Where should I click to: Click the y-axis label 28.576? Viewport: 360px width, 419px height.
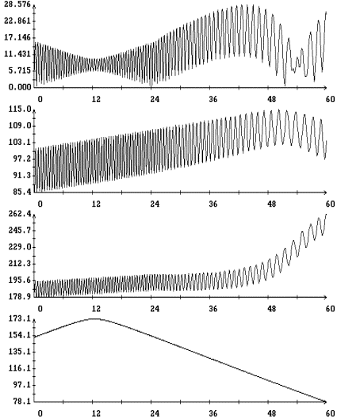[17, 5]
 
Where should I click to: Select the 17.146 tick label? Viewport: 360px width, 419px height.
[17, 37]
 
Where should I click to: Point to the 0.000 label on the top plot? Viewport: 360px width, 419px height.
[20, 87]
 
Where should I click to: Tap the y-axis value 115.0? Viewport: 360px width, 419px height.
[20, 109]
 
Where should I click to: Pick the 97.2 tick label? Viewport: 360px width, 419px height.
[22, 158]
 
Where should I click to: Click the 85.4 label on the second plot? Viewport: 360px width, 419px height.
[22, 192]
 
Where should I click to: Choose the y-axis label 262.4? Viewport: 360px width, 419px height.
[20, 214]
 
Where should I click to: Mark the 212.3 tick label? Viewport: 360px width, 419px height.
[20, 264]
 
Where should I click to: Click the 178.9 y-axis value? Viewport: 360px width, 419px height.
[20, 296]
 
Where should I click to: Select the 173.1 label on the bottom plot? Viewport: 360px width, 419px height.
[20, 318]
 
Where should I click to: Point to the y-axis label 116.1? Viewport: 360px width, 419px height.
[20, 368]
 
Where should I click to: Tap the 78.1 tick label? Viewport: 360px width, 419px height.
[22, 402]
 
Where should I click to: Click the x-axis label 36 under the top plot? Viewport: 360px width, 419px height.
[213, 100]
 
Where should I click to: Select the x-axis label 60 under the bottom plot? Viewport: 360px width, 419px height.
[330, 413]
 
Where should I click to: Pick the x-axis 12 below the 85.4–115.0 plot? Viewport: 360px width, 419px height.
[96, 204]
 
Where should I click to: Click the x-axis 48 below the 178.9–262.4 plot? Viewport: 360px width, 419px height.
[271, 309]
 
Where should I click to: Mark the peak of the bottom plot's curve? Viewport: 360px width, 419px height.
[94, 318]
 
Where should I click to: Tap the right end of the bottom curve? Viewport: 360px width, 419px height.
[325, 402]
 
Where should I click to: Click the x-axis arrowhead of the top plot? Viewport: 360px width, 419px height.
[325, 87]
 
